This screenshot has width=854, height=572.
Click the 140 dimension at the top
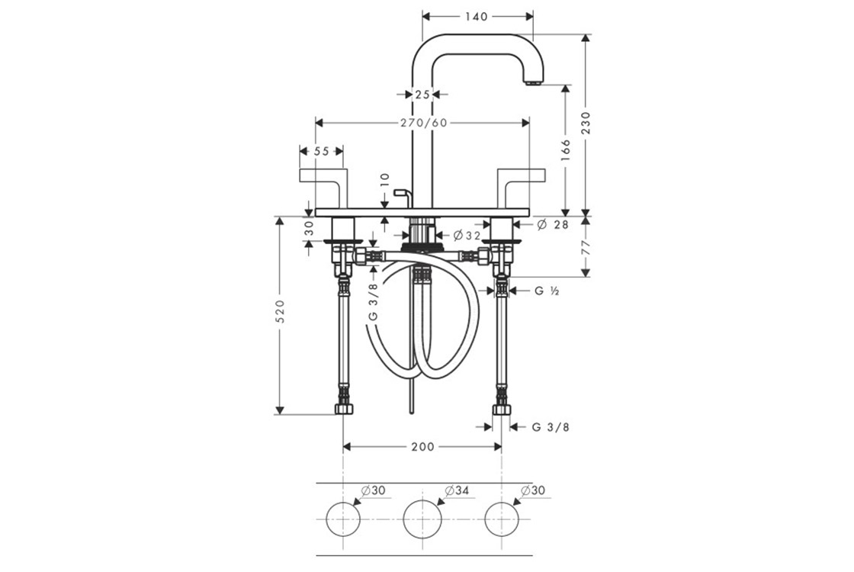click(477, 17)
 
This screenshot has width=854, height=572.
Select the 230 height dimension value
click(586, 123)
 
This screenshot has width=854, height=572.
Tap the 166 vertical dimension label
click(565, 150)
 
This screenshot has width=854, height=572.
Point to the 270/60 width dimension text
click(424, 123)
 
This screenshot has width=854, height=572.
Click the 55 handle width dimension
click(321, 151)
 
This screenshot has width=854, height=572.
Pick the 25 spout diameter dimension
click(422, 95)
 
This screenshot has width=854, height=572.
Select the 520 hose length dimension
click(280, 311)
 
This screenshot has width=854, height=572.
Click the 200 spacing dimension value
click(422, 447)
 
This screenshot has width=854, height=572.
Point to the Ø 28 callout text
click(553, 224)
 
